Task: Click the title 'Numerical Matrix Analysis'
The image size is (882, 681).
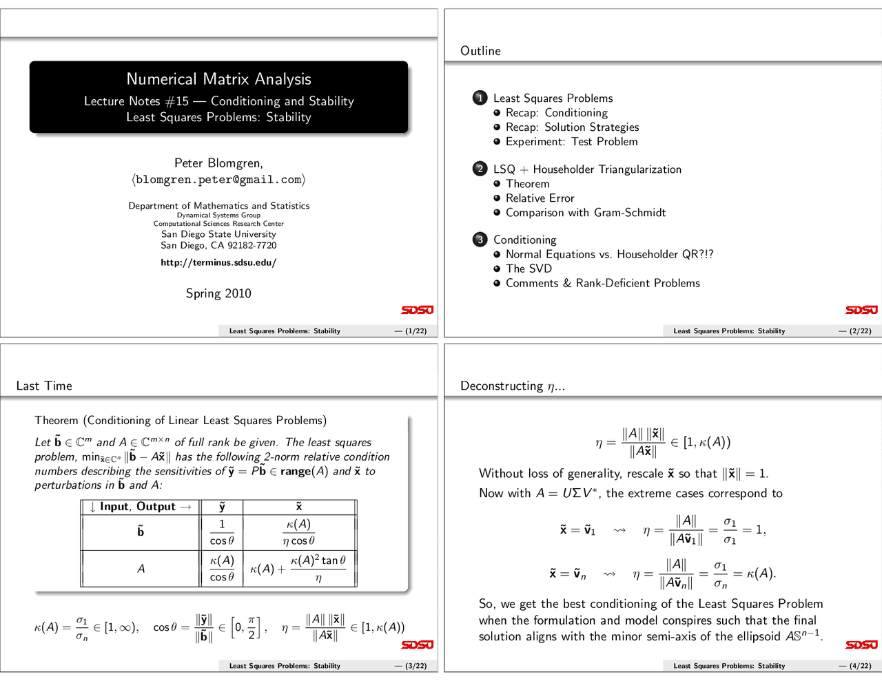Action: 218,79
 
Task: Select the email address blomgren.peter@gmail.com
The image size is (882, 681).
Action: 218,180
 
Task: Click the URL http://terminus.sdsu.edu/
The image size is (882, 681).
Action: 218,262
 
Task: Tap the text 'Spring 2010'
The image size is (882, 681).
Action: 218,293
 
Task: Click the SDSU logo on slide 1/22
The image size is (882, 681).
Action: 417,310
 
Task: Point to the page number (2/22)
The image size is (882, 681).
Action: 855,331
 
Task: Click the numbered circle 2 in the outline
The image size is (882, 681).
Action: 480,169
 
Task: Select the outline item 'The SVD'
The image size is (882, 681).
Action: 529,269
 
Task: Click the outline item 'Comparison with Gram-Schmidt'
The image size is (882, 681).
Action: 586,213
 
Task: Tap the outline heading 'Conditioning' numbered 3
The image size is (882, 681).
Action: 524,240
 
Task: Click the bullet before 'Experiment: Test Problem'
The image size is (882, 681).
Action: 497,141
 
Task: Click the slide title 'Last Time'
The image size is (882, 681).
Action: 44,386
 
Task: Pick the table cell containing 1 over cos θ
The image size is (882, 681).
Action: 222,532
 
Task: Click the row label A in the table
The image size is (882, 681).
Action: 141,569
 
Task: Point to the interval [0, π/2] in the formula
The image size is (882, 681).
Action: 247,627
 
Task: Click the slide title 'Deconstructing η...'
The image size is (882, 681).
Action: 512,386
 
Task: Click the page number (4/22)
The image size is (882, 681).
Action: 855,666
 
